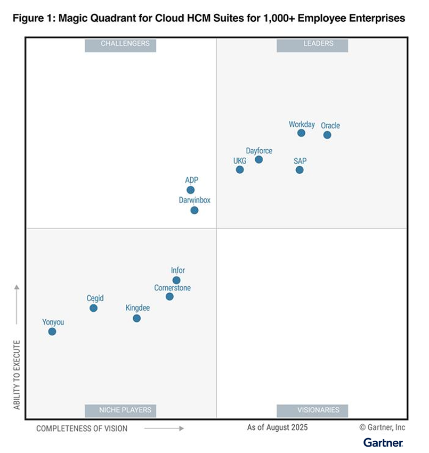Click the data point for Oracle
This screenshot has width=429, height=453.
(327, 135)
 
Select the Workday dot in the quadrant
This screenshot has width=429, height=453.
(301, 133)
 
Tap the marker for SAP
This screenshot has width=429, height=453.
(300, 169)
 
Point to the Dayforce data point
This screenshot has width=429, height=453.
(258, 159)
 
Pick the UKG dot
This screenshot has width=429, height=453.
(240, 169)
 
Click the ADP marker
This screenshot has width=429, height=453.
(190, 190)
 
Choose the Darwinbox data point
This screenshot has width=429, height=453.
(195, 210)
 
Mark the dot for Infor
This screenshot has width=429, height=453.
(176, 280)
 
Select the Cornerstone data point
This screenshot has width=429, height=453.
(169, 296)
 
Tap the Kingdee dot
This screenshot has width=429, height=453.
(136, 318)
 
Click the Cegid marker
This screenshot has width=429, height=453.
(93, 308)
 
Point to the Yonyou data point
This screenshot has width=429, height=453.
(52, 331)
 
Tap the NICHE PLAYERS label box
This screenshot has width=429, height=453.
(120, 410)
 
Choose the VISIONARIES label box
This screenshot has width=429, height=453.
(312, 410)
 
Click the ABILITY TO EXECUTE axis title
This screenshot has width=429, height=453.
(17, 375)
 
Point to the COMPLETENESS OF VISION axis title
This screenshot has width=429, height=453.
(82, 428)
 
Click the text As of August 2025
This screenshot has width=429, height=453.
(277, 427)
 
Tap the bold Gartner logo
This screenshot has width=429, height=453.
(383, 442)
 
